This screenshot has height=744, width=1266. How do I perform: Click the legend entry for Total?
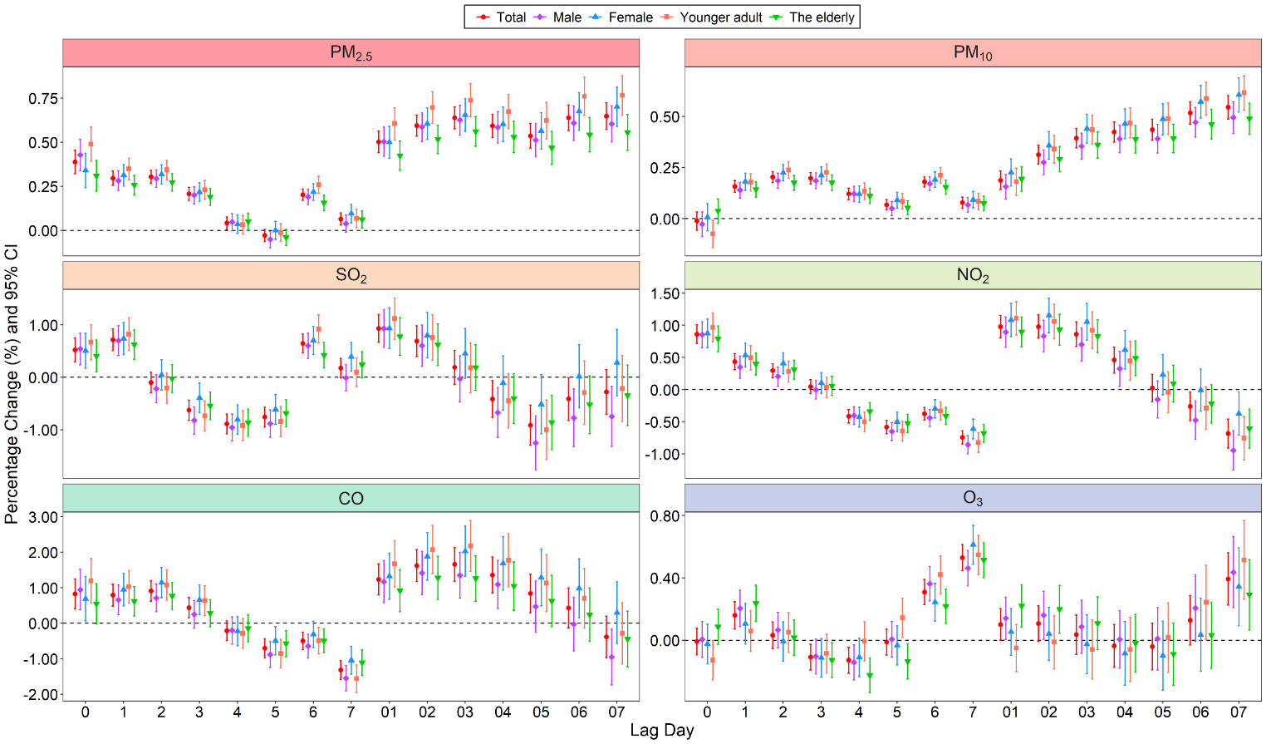click(503, 17)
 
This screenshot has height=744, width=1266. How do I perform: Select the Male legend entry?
click(559, 17)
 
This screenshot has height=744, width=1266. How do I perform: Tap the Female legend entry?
click(622, 17)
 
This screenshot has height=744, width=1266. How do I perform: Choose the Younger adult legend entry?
click(712, 17)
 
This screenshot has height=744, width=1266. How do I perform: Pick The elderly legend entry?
click(813, 17)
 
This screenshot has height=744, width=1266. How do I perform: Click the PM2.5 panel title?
click(351, 53)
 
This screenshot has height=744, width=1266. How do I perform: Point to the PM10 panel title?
click(973, 53)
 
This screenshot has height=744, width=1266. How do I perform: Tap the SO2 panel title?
click(351, 276)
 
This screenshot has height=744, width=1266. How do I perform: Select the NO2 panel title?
click(973, 276)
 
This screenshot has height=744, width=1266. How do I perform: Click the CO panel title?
click(351, 499)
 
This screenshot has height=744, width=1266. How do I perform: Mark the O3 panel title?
click(973, 499)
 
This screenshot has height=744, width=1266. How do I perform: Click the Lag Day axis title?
click(661, 731)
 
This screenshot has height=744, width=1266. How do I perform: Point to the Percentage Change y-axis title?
click(12, 384)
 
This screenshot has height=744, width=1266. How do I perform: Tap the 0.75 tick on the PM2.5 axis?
click(43, 99)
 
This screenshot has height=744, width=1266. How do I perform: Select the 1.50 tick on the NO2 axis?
click(665, 293)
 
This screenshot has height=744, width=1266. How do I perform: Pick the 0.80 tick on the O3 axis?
click(665, 516)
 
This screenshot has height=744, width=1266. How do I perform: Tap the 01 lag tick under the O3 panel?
click(1010, 712)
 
